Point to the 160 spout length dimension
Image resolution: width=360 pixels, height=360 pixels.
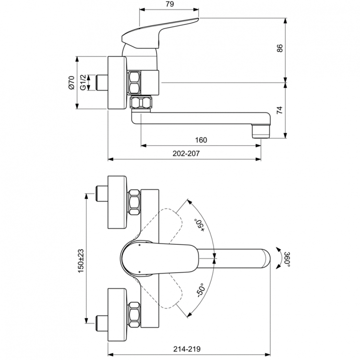201,140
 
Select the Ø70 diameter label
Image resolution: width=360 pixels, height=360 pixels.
71,83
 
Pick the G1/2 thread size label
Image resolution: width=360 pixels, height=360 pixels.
83,83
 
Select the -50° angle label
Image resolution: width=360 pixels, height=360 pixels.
200,289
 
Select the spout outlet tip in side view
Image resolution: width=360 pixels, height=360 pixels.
261,130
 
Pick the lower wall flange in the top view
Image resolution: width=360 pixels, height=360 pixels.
117,315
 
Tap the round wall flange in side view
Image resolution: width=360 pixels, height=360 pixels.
117,83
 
